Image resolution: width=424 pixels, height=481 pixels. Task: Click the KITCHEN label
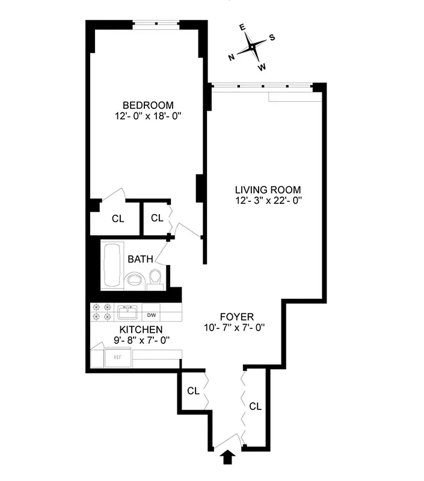point(141,329)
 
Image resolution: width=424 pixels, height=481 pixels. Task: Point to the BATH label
point(140,260)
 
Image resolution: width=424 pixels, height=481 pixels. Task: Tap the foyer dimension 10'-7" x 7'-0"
point(235,328)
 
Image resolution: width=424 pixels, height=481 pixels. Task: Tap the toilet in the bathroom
point(155,278)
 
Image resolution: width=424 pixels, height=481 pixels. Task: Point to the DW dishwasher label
point(152,314)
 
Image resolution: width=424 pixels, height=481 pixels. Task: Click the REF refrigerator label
point(118,357)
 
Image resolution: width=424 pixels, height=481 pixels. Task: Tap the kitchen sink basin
point(128,313)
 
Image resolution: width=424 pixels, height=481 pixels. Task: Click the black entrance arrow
point(228,458)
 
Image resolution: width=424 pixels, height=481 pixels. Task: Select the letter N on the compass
point(232,57)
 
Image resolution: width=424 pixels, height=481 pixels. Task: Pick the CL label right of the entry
point(255,406)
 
